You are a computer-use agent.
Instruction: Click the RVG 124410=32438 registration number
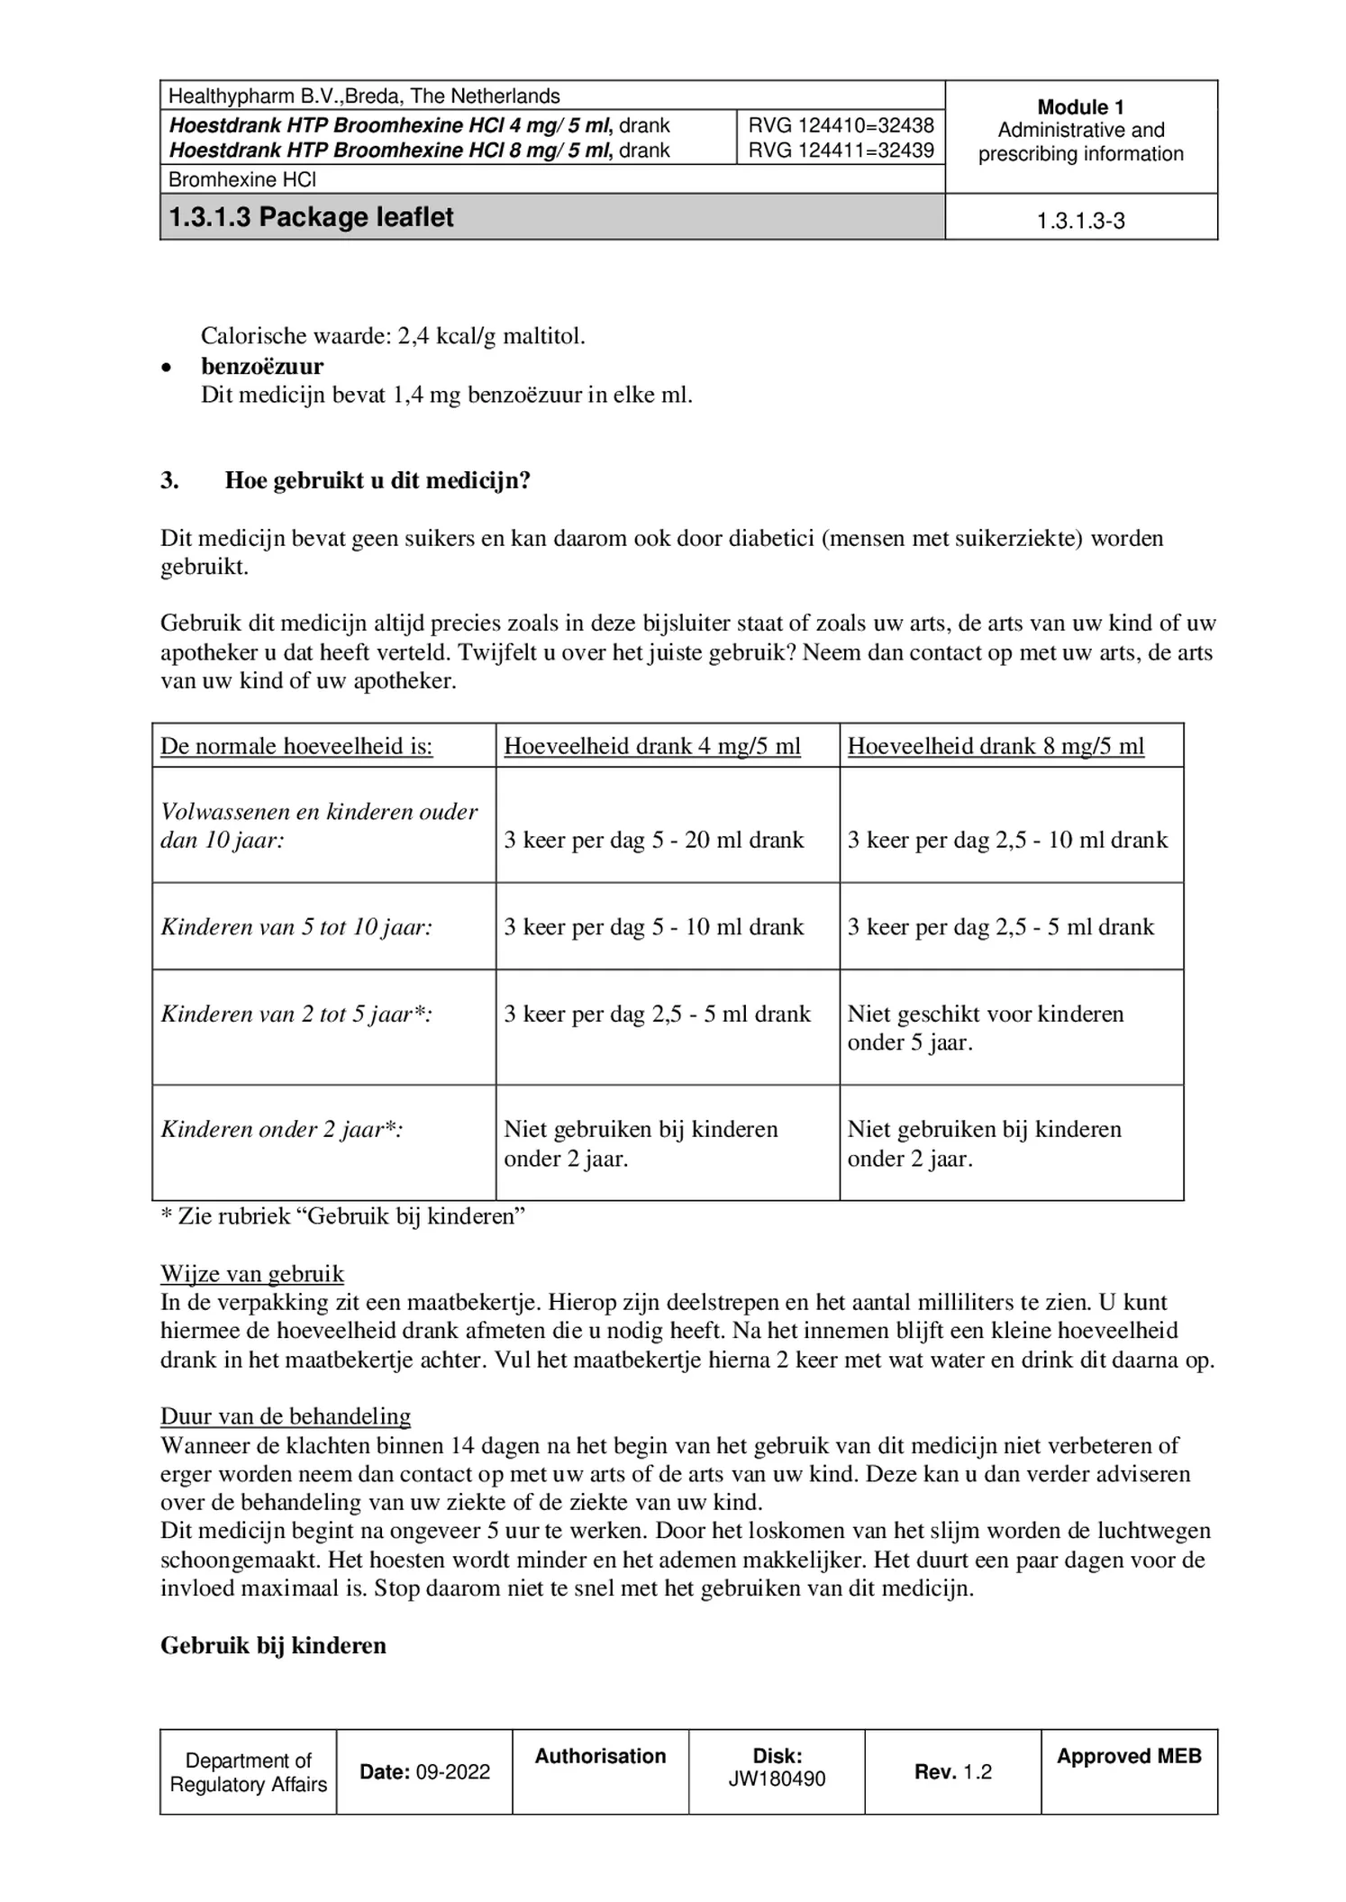(x=840, y=125)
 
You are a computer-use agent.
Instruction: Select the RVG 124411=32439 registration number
(x=840, y=150)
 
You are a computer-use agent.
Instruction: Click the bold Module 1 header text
(x=1080, y=107)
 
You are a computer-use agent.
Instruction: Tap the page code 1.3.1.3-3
(x=1080, y=221)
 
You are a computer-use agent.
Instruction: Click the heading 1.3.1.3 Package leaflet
(x=312, y=217)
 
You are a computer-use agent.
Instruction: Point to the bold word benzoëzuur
(x=262, y=366)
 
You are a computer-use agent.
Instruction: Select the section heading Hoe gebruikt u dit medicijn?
(x=377, y=480)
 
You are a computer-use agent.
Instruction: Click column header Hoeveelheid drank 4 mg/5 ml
(x=651, y=746)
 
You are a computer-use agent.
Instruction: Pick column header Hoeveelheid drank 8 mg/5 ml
(x=995, y=746)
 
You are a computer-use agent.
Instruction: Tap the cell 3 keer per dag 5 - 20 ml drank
(x=653, y=840)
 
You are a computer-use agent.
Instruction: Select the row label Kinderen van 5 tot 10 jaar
(x=296, y=927)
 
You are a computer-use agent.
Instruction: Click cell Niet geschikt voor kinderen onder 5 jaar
(x=985, y=1028)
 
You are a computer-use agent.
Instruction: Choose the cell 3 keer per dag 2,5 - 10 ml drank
(x=1006, y=840)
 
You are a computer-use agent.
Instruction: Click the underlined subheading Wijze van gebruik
(x=252, y=1273)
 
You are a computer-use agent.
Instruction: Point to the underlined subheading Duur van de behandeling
(x=286, y=1415)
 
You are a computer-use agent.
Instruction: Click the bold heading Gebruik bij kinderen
(x=273, y=1645)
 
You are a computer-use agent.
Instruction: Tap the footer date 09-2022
(x=452, y=1772)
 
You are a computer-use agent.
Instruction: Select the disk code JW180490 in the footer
(x=777, y=1779)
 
